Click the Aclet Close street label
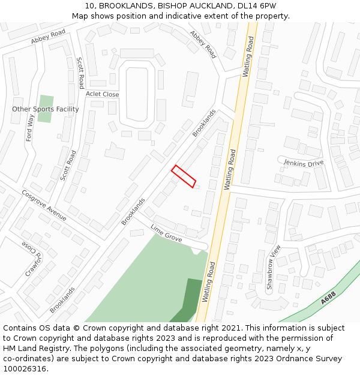[x=102, y=94]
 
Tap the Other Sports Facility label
[x=46, y=109]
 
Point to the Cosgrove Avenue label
[x=44, y=205]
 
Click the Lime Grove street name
[x=166, y=233]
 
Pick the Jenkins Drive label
[x=304, y=163]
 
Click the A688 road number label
[x=328, y=298]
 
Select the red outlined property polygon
[x=184, y=176]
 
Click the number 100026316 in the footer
[x=25, y=369]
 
